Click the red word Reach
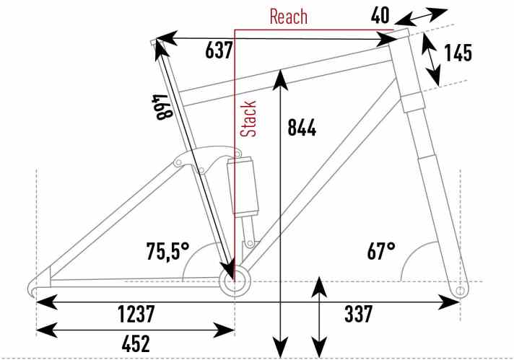point(289,17)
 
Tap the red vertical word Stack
point(248,118)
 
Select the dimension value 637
point(219,51)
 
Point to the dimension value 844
point(302,128)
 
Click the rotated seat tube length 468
point(162,107)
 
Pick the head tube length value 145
point(458,53)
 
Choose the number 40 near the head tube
point(380,15)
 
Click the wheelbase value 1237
point(136,314)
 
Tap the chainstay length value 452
point(136,343)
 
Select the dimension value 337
point(358,314)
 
